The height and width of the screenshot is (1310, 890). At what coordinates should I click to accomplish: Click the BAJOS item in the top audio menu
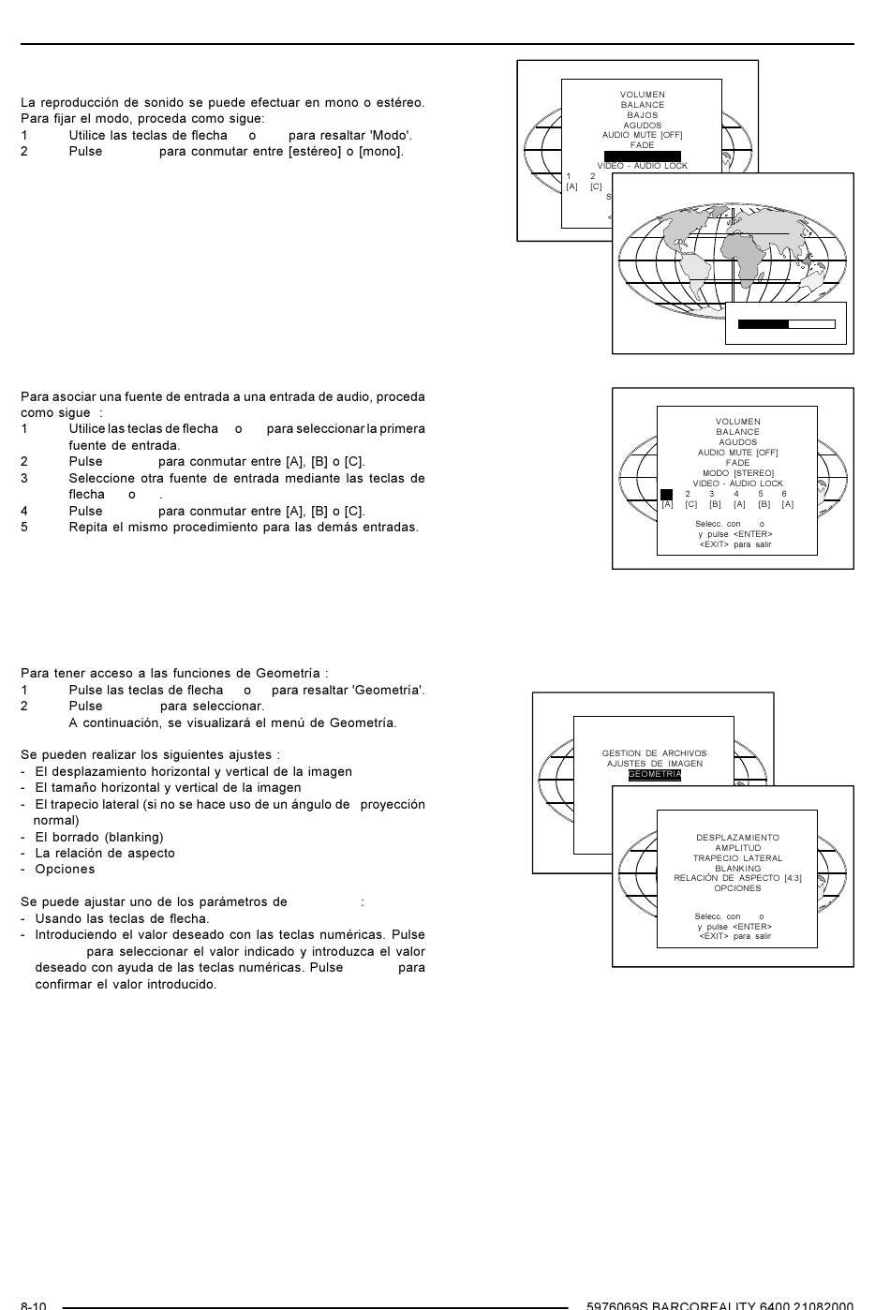[x=642, y=115]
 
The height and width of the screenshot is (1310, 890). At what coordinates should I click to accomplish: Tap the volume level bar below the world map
[x=786, y=324]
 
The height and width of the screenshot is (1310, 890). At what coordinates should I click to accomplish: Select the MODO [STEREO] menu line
[x=737, y=473]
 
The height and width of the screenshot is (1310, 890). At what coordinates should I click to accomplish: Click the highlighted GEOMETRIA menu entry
[x=654, y=775]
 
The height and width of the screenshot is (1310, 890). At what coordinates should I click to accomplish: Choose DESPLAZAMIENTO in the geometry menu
[x=737, y=838]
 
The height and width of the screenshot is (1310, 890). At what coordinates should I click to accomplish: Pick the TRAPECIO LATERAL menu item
[x=737, y=858]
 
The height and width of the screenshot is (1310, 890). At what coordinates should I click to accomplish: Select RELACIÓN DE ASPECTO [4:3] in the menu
[x=737, y=878]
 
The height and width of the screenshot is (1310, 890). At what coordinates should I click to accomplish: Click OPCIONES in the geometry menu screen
[x=737, y=888]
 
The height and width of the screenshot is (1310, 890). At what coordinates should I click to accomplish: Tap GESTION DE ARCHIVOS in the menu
[x=654, y=753]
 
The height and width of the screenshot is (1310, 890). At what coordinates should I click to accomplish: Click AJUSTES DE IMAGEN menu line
[x=654, y=764]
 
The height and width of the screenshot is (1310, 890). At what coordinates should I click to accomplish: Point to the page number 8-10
[x=34, y=1305]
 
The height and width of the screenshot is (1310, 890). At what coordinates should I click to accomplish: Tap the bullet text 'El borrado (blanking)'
[x=99, y=837]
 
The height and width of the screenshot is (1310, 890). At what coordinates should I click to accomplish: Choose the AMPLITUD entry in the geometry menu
[x=737, y=848]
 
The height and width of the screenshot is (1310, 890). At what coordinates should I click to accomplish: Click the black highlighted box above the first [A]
[x=666, y=494]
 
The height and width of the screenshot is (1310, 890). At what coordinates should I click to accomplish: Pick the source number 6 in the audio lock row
[x=784, y=494]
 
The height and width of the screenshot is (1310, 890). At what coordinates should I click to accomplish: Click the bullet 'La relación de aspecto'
[x=105, y=853]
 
